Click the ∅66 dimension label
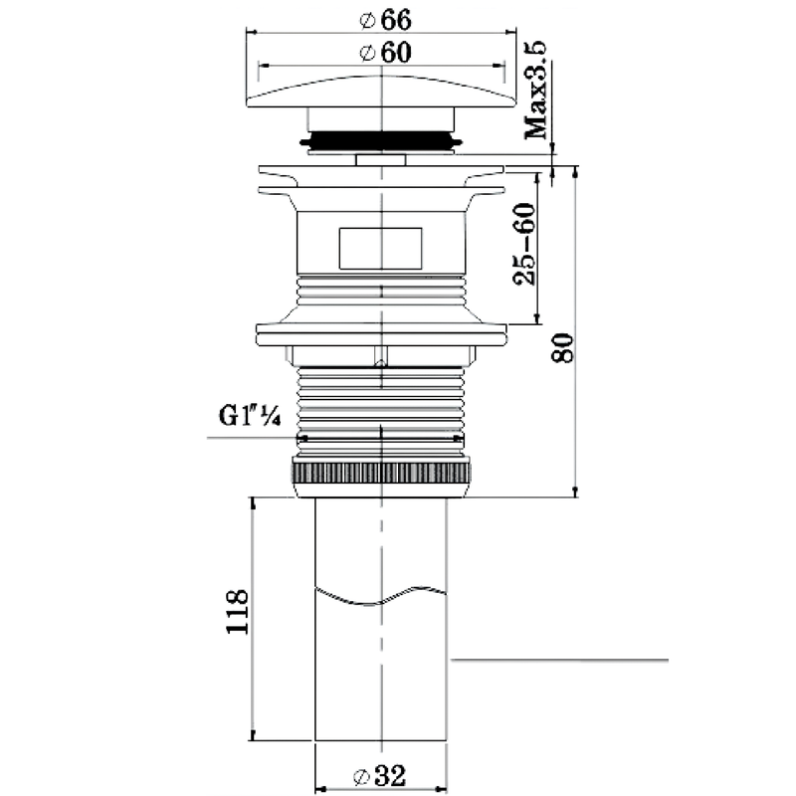(x=385, y=19)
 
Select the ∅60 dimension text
(x=385, y=53)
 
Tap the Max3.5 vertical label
(x=536, y=91)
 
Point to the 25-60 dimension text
(x=524, y=244)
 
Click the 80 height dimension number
(x=562, y=347)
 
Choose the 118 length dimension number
(x=237, y=611)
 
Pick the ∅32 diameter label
(x=380, y=776)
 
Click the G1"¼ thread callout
(x=250, y=415)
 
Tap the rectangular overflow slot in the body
(x=380, y=248)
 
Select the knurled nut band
(x=381, y=473)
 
